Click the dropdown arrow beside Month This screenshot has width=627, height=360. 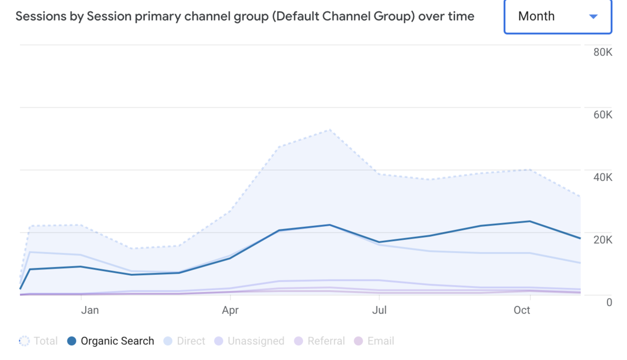coord(593,17)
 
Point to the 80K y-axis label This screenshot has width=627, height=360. coord(602,52)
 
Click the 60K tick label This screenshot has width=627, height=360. coord(602,115)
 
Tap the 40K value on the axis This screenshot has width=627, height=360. coord(602,177)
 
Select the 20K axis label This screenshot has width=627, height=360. coord(602,240)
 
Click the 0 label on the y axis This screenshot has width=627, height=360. coord(609,302)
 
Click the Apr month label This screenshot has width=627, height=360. coord(230,310)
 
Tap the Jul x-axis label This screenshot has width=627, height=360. coord(379,310)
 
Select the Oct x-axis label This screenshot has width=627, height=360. coord(522,310)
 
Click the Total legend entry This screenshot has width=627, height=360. coord(39,341)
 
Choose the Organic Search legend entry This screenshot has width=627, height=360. coord(111,341)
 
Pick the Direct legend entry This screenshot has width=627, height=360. coord(184,341)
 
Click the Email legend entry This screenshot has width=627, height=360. coord(374,341)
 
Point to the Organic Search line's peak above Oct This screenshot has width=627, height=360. coord(530,221)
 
